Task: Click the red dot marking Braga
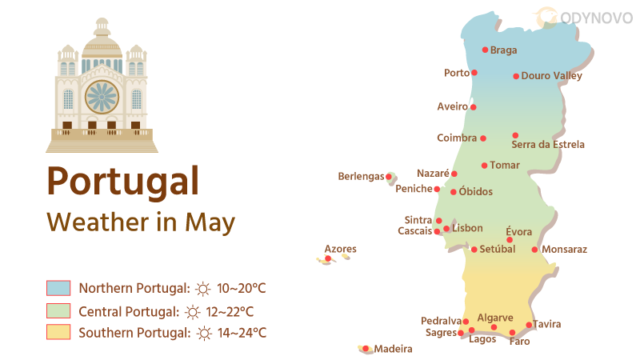pos(485,50)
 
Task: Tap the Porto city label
pos(456,73)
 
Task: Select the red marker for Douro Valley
pos(516,77)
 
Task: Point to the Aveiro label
pos(452,106)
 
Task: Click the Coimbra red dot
pos(482,138)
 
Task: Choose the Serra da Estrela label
pos(548,145)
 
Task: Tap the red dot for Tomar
pos(484,166)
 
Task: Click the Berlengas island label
pos(361,176)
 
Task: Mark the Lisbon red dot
pos(446,229)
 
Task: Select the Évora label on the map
pos(519,232)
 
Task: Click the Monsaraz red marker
pos(534,250)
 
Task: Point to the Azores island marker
pos(328,258)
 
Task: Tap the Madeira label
pos(393,349)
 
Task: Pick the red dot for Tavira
pos(529,325)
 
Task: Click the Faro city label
pos(519,342)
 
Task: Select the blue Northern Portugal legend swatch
pos(58,288)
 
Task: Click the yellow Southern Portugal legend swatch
pos(58,332)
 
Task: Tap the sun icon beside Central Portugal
pos(192,312)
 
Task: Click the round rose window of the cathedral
pos(102,97)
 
